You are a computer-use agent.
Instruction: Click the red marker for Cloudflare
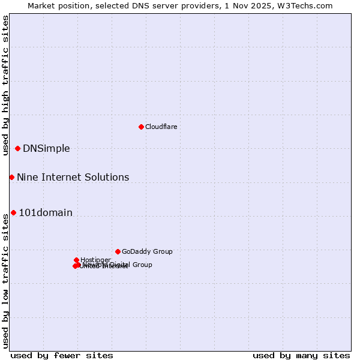point(141,127)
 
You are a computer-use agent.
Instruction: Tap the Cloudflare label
point(161,127)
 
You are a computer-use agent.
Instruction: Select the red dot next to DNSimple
point(17,148)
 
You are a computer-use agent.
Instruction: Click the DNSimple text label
point(46,149)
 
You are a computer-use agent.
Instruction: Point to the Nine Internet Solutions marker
point(11,177)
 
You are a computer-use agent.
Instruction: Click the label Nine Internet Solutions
point(73,177)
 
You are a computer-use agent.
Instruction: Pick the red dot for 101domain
point(13,212)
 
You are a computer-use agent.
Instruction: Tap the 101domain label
point(46,212)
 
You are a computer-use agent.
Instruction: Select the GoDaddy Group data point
point(118,251)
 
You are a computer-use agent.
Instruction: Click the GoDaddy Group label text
point(147,251)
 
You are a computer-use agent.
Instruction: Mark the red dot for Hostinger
point(76,260)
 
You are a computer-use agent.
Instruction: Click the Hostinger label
point(95,260)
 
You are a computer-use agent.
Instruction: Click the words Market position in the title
point(56,5)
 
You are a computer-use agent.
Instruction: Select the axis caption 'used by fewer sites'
point(62,355)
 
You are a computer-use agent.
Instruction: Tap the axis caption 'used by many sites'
point(301,355)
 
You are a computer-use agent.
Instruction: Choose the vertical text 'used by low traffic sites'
point(5,281)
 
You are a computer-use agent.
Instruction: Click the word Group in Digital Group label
point(142,265)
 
